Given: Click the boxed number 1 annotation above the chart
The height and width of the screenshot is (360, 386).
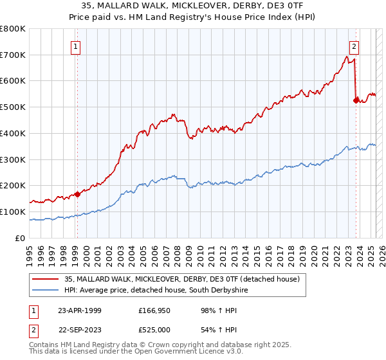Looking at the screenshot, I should click(x=76, y=46).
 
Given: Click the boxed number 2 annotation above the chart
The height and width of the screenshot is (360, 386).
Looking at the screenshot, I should click(x=354, y=46).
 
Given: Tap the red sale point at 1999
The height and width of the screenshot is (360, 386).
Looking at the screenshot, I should click(x=77, y=194).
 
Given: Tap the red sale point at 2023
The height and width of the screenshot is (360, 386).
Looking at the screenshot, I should click(x=356, y=100).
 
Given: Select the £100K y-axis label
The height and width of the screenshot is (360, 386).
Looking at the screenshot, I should click(x=14, y=212).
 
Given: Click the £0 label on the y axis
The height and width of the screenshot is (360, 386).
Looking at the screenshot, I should click(x=19, y=238).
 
